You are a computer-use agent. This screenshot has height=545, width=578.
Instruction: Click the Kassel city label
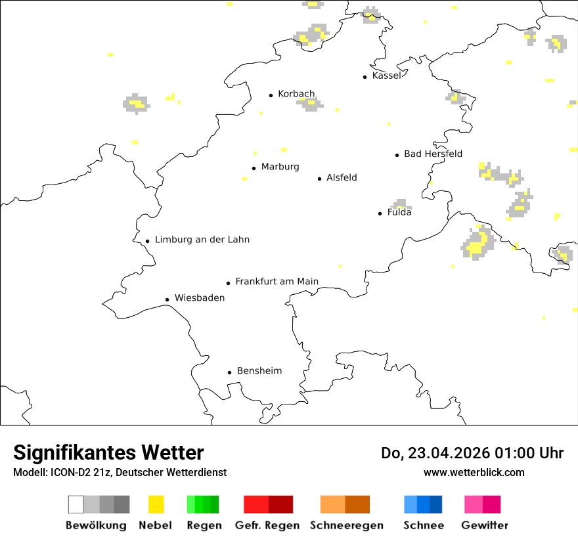[386, 76]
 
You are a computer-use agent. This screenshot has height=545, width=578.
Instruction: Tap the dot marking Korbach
[271, 95]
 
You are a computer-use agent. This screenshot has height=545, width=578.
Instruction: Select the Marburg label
[280, 167]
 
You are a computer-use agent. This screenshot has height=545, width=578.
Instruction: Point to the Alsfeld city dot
[320, 179]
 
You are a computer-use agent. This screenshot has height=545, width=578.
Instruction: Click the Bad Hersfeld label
[433, 154]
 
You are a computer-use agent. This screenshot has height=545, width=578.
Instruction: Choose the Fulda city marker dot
[380, 213]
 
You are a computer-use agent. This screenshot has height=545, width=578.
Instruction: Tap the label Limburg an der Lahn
[202, 240]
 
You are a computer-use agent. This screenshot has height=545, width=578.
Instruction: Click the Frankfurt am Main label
[277, 282]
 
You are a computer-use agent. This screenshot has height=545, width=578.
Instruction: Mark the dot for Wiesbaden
[167, 299]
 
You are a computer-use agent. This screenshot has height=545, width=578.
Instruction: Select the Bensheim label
[259, 371]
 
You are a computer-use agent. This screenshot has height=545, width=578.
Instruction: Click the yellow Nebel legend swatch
[156, 504]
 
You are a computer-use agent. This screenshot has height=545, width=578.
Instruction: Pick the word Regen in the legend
[204, 525]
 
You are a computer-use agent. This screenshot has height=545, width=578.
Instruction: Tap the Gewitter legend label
[485, 525]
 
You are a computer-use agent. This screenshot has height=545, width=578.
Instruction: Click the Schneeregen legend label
[347, 525]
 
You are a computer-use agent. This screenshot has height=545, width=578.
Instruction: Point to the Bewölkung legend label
[96, 525]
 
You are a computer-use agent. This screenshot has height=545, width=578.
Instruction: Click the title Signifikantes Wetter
[108, 453]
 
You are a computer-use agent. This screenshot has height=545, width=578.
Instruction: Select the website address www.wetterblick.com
[474, 472]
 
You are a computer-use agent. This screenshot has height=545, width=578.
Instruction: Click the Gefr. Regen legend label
[267, 525]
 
